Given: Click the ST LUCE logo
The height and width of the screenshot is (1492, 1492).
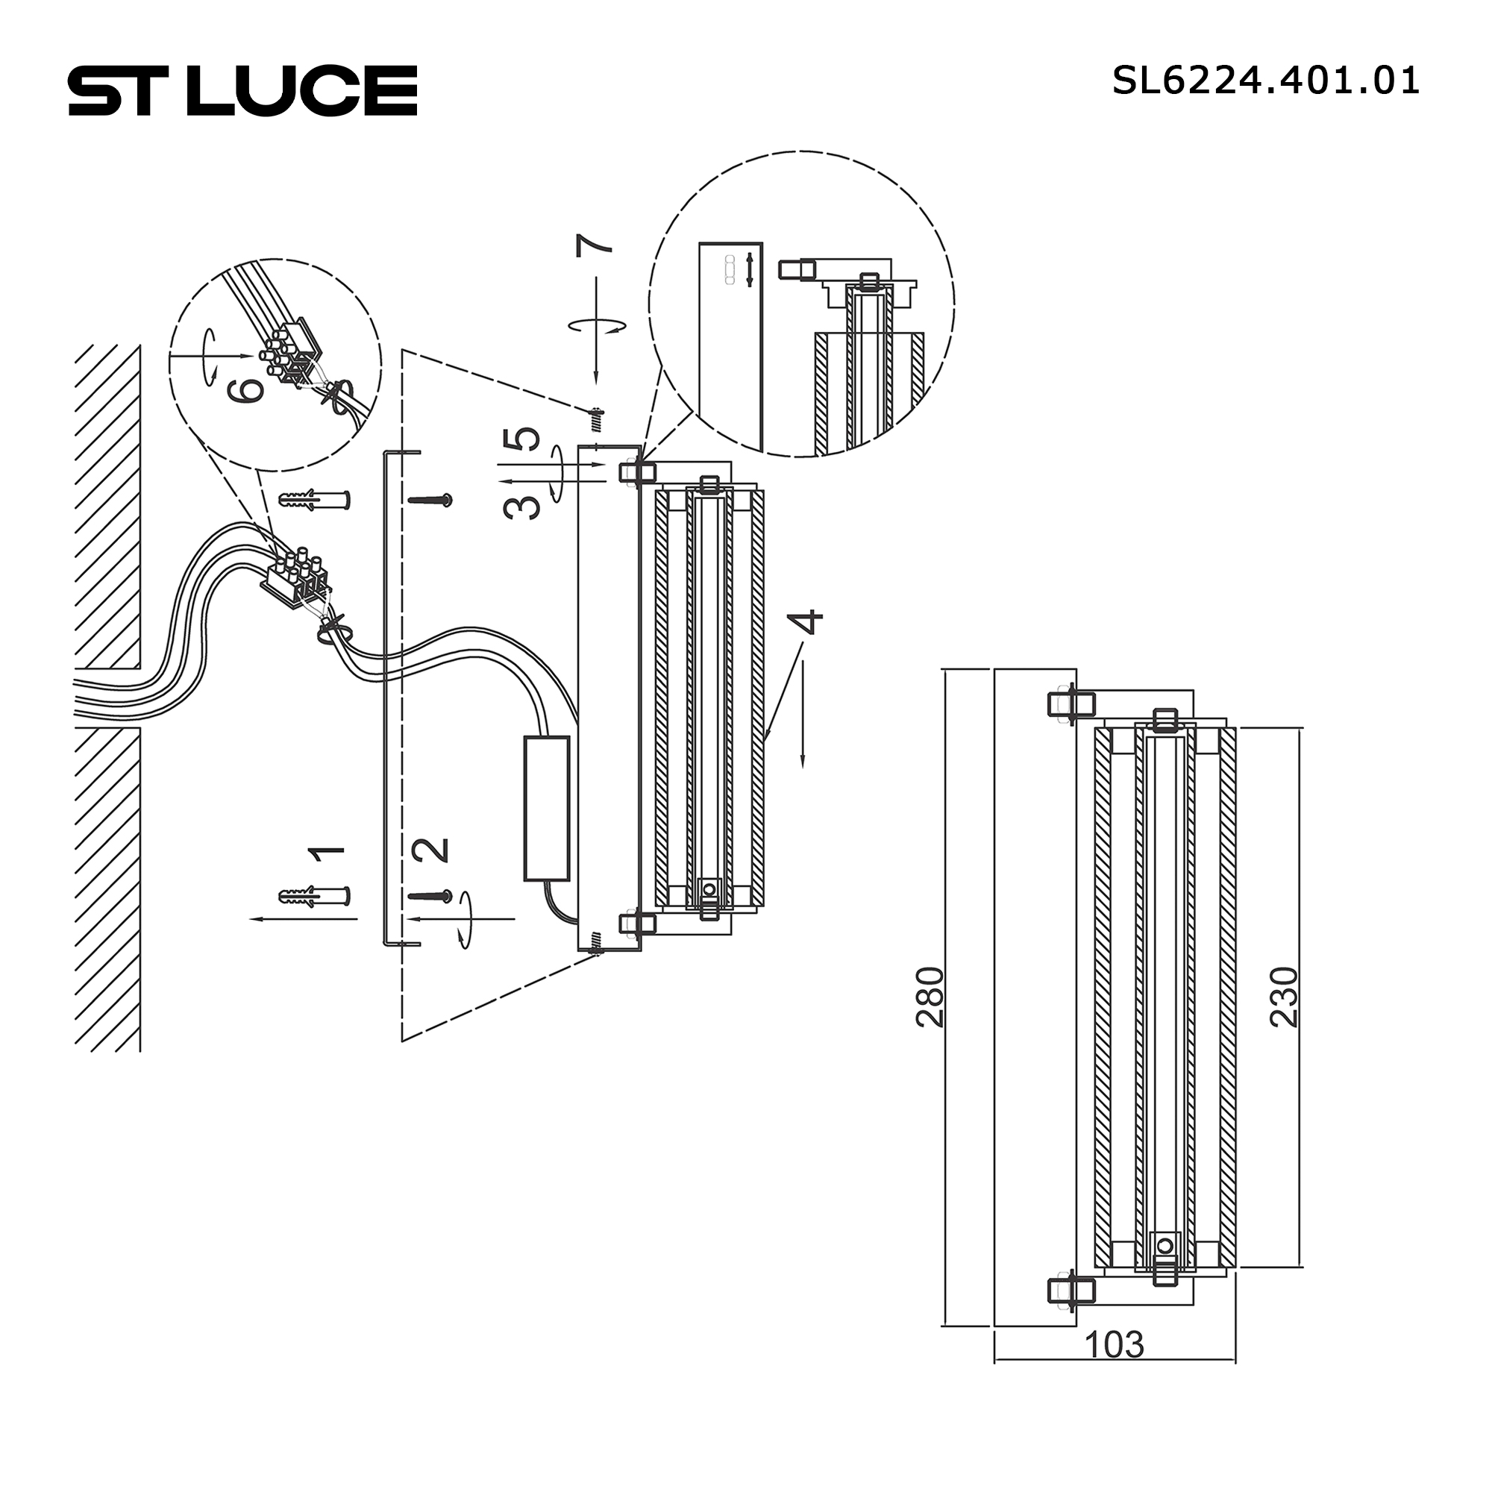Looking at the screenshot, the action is click(242, 90).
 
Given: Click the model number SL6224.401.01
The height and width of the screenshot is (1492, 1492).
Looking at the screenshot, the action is click(1265, 81).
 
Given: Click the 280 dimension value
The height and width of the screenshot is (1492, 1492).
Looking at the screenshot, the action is click(930, 996).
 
